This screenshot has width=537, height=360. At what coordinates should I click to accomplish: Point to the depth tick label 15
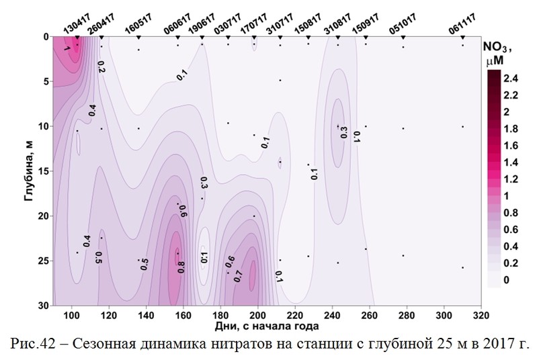click(44, 171)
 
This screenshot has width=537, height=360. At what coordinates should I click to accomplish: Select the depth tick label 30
click(44, 305)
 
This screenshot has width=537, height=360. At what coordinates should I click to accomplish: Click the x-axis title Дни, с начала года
click(267, 326)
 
